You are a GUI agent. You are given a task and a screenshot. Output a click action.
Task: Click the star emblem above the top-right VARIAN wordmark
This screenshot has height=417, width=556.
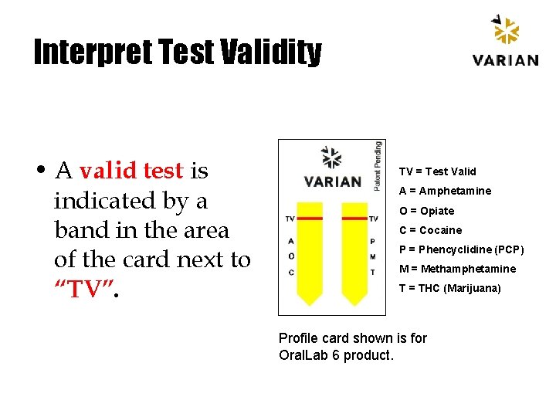coord(505,31)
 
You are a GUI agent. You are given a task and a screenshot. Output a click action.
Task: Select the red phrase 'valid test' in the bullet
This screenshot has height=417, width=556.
coord(131,170)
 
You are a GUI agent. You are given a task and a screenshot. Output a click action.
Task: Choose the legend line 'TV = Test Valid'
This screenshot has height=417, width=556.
coord(437,171)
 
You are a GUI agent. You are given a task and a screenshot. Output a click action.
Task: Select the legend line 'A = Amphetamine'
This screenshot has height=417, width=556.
coord(445,191)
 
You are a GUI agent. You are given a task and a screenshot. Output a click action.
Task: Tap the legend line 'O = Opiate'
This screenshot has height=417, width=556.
coord(426,211)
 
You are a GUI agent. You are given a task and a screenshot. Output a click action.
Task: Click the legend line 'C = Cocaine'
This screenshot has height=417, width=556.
coord(430,230)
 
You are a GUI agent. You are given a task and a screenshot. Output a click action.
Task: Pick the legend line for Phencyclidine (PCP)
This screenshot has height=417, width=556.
coord(461,249)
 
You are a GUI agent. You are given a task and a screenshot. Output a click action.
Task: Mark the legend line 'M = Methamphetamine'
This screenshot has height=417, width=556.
coord(457,269)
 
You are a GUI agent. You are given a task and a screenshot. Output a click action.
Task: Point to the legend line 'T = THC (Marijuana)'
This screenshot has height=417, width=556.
coord(449,288)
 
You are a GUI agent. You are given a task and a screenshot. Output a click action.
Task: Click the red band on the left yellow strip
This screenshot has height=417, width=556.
coord(310,219)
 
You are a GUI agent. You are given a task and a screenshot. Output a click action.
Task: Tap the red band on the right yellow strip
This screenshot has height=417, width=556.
coord(355,219)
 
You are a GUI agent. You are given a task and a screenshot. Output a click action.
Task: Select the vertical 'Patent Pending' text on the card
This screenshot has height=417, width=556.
coord(378,165)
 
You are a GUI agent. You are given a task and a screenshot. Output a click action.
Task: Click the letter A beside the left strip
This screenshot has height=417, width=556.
coord(290,241)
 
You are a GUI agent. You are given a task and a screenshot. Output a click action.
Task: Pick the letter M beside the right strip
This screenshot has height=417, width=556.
coord(373,256)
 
